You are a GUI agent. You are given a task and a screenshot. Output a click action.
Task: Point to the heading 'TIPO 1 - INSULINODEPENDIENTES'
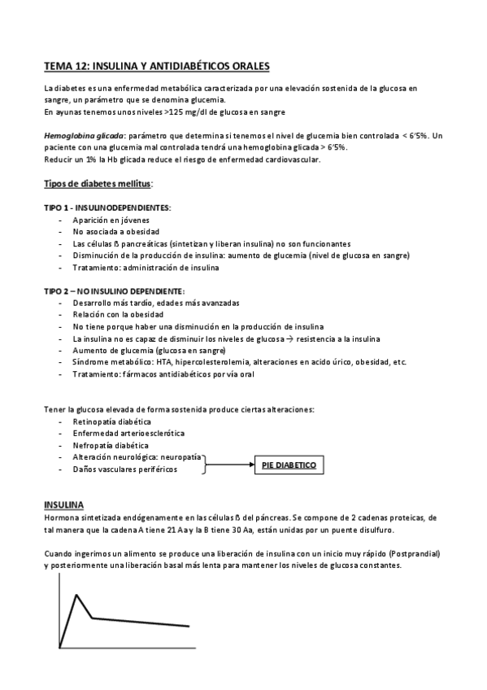click(107, 208)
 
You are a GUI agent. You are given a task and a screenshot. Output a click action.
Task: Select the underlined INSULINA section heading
click(69, 505)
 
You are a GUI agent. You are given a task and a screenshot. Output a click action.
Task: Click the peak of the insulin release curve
click(76, 595)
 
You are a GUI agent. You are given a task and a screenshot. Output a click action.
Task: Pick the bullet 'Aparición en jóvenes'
click(111, 220)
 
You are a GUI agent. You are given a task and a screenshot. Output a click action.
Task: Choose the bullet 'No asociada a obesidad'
click(115, 232)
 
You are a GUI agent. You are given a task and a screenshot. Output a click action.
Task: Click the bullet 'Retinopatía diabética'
click(112, 422)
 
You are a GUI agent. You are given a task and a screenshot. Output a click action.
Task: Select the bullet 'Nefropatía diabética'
click(111, 446)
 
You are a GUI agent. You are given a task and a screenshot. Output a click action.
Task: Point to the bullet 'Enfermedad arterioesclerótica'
click(128, 434)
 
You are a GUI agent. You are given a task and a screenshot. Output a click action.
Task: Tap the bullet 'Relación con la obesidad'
click(118, 314)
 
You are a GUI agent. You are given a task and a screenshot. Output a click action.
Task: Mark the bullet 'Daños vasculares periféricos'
click(124, 469)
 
